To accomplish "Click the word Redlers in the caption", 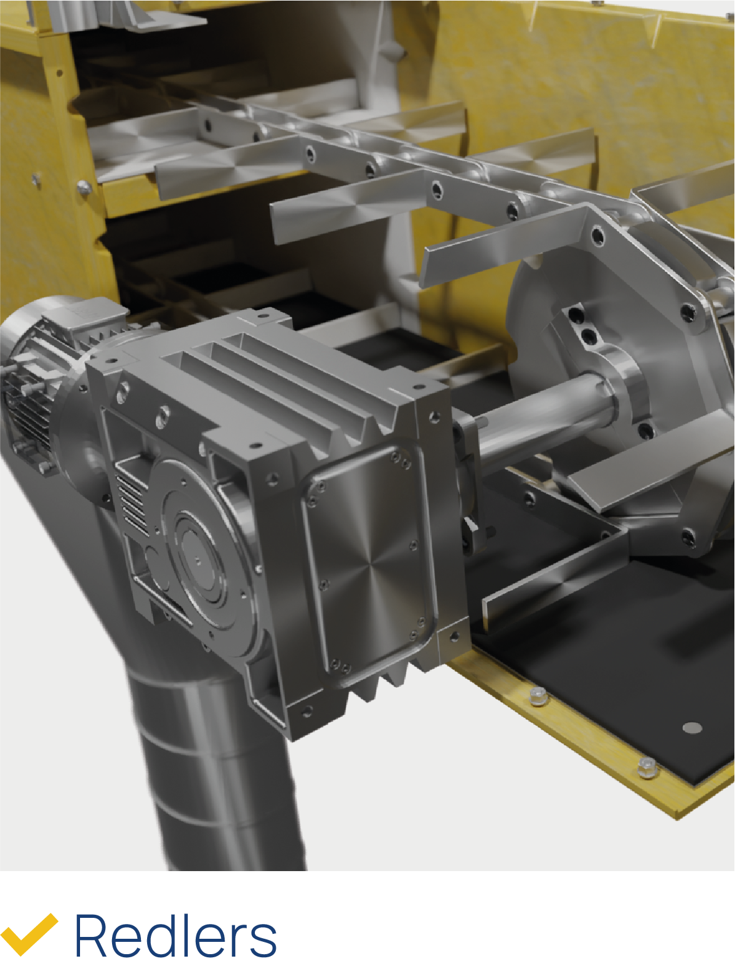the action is pyautogui.click(x=176, y=936).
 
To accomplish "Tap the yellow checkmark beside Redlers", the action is pyautogui.click(x=30, y=933).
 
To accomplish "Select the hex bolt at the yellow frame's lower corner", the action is pyautogui.click(x=647, y=769).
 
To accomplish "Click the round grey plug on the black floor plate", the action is pyautogui.click(x=691, y=728).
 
